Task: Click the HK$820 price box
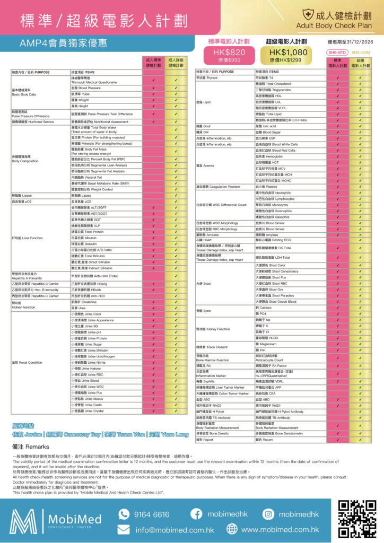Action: pyautogui.click(x=230, y=55)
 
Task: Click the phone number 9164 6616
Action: pyautogui.click(x=151, y=514)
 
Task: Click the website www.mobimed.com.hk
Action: pyautogui.click(x=280, y=530)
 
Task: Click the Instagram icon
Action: pyautogui.click(x=269, y=514)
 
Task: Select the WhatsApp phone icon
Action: pyautogui.click(x=124, y=514)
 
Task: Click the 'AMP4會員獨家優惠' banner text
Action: pyautogui.click(x=63, y=42)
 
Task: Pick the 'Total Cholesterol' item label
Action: pyautogui.click(x=273, y=84)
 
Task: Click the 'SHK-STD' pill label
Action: pyautogui.click(x=337, y=52)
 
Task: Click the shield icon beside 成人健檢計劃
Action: pyautogui.click(x=307, y=15)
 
